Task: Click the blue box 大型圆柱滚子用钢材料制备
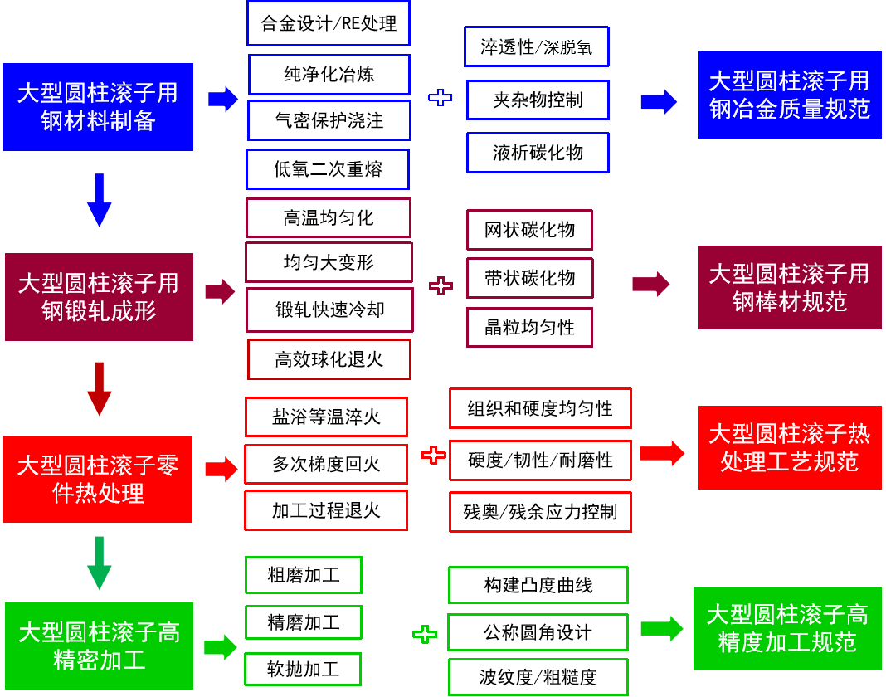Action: (x=98, y=107)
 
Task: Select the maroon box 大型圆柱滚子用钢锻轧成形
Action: (x=99, y=297)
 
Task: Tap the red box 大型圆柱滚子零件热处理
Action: (x=98, y=479)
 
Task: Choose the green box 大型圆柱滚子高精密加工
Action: (x=99, y=646)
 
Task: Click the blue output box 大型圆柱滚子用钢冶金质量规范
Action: (x=789, y=95)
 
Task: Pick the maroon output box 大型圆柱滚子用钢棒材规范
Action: (x=789, y=287)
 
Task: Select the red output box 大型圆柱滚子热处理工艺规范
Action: (x=789, y=447)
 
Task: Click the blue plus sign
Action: (x=440, y=98)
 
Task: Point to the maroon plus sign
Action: (x=441, y=286)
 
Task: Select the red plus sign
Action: (x=433, y=455)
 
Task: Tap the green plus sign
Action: (x=424, y=635)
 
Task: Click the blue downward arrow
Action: (x=100, y=200)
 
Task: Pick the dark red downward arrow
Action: (x=100, y=388)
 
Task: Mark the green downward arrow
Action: (x=100, y=563)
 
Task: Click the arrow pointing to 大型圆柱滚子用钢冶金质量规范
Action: (x=659, y=101)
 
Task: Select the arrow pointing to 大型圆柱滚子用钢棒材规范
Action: (x=651, y=284)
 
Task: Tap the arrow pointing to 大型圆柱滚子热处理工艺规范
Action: (x=662, y=453)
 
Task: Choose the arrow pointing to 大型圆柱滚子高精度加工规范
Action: (x=662, y=628)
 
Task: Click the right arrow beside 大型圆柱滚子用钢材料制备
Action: (x=222, y=99)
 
